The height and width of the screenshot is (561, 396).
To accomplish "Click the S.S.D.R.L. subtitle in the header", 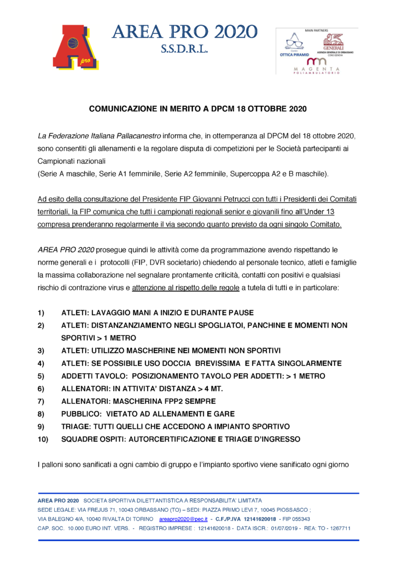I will (x=184, y=50).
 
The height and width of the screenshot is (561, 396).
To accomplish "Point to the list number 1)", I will (x=41, y=313).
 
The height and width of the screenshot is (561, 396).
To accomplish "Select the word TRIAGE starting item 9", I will (x=75, y=427).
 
